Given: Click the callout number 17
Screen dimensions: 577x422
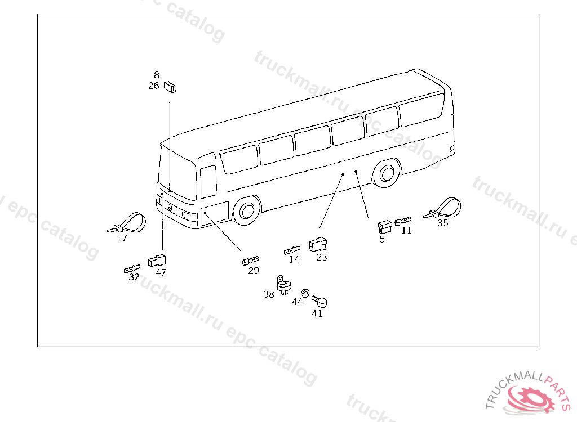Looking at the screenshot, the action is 122,238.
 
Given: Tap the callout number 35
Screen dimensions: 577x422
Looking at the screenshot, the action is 443,223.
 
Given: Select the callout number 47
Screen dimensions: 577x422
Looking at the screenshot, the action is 161,272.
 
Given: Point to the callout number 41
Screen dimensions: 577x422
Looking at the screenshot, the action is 317,313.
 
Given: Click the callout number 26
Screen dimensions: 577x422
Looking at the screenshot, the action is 154,86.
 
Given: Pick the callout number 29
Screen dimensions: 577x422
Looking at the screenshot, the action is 254,271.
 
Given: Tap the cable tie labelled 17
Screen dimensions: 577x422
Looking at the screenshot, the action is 127,223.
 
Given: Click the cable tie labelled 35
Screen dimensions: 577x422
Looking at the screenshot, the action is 443,208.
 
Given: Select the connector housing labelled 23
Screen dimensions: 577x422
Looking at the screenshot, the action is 318,244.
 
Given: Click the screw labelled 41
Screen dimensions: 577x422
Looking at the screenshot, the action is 319,301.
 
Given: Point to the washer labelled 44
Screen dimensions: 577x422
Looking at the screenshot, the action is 305,293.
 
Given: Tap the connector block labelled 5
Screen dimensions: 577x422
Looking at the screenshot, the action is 385,227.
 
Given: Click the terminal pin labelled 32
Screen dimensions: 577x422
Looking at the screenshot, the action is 132,269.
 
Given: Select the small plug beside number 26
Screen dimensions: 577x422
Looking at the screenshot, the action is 170,87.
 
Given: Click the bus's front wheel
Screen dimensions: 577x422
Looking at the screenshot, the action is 247,211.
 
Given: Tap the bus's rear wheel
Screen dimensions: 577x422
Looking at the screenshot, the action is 387,173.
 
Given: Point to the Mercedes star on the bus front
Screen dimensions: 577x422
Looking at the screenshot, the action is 170,208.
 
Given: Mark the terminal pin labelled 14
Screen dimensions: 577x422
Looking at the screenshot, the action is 292,250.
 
